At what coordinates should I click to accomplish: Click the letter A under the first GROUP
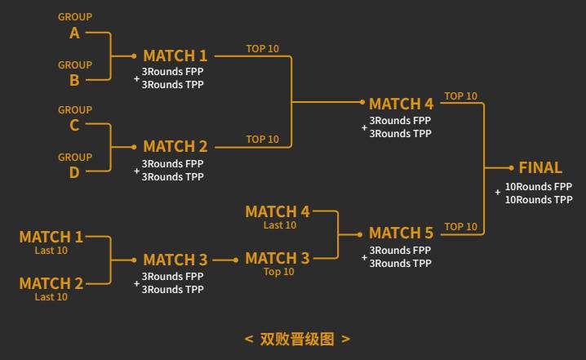(x=74, y=33)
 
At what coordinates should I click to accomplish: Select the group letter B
(x=74, y=80)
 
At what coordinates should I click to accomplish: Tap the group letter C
(x=74, y=125)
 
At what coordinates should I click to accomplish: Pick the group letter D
(x=74, y=173)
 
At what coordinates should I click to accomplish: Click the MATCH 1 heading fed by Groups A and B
(x=175, y=56)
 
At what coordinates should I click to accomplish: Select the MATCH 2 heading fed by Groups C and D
(x=175, y=146)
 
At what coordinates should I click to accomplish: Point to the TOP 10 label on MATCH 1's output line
(x=262, y=49)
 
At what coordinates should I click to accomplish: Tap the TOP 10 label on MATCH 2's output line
(x=262, y=140)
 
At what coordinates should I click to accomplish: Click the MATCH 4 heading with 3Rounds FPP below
(x=401, y=104)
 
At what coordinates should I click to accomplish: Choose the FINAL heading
(x=540, y=167)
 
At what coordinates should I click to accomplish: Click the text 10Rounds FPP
(x=539, y=187)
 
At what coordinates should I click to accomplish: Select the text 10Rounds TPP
(x=539, y=200)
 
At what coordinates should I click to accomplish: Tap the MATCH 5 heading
(x=401, y=233)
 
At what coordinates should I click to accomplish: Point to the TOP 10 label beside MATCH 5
(x=460, y=227)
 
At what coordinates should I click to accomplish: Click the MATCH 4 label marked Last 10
(x=277, y=212)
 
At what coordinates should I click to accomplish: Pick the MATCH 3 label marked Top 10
(x=277, y=258)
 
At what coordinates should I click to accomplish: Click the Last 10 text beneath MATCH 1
(x=51, y=251)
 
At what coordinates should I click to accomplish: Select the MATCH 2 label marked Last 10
(x=51, y=283)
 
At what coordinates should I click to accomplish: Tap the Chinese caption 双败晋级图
(x=297, y=339)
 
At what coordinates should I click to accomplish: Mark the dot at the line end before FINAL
(x=511, y=168)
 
